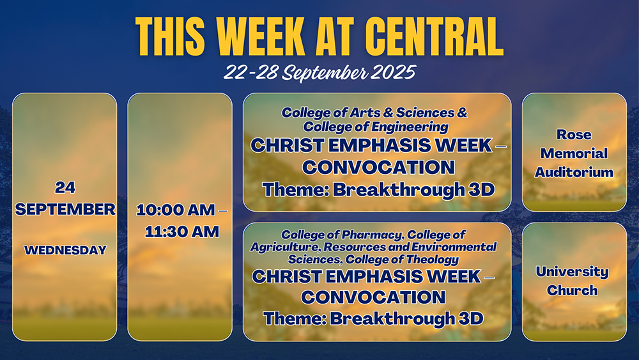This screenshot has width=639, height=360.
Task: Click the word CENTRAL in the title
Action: pos(434,36)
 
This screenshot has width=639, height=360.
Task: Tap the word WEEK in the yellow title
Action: pos(261,36)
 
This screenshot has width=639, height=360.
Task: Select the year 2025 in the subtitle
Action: pos(393,72)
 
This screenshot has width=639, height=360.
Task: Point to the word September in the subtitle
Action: pos(325,73)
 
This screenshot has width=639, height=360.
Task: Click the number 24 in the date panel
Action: pos(65,187)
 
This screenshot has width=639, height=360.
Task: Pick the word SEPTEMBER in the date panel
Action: pos(65,209)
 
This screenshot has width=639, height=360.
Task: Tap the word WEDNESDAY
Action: pos(65,250)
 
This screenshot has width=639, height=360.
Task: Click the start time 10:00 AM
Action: pos(176,210)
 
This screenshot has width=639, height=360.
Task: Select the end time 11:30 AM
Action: pos(181,231)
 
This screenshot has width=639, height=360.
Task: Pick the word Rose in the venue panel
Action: pos(574,134)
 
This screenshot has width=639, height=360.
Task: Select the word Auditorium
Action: pos(574,172)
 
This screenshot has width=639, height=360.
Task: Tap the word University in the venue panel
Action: pos(572,272)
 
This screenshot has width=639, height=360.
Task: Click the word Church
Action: pos(572,290)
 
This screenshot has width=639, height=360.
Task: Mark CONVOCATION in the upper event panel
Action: pos(378,167)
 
